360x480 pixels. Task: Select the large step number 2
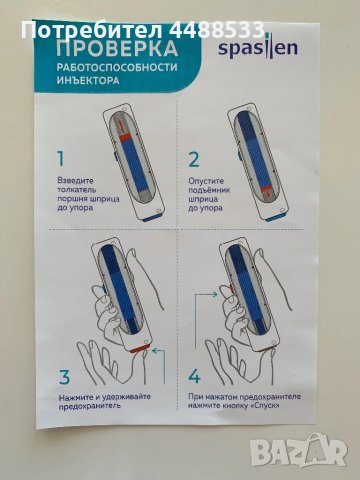point(195,157)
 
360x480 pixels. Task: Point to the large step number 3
point(65,377)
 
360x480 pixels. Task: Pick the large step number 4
point(196,377)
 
